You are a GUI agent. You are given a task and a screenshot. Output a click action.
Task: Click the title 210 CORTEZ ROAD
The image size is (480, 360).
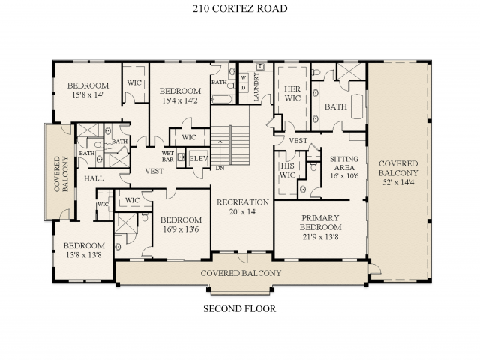click(x=240, y=9)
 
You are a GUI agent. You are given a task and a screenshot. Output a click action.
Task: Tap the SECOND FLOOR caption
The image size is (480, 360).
click(x=240, y=308)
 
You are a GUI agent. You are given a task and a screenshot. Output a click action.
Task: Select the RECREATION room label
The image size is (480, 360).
click(x=242, y=202)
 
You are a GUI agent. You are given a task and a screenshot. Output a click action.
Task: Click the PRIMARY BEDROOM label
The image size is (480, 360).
click(x=320, y=222)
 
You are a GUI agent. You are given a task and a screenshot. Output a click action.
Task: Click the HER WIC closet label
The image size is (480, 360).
click(x=292, y=93)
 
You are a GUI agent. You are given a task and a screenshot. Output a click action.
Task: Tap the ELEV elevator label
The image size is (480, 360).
click(x=198, y=159)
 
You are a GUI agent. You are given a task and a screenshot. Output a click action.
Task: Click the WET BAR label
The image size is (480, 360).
click(x=169, y=156)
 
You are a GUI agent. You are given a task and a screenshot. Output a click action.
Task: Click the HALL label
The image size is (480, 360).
click(x=94, y=178)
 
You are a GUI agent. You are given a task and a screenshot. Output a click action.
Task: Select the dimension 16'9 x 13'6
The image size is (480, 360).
click(x=180, y=229)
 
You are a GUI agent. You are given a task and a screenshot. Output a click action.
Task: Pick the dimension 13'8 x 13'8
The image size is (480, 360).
click(x=82, y=255)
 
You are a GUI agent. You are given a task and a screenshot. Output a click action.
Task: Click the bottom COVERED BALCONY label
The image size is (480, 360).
click(x=241, y=273)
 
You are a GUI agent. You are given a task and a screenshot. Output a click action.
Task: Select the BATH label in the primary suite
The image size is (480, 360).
click(x=336, y=106)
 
